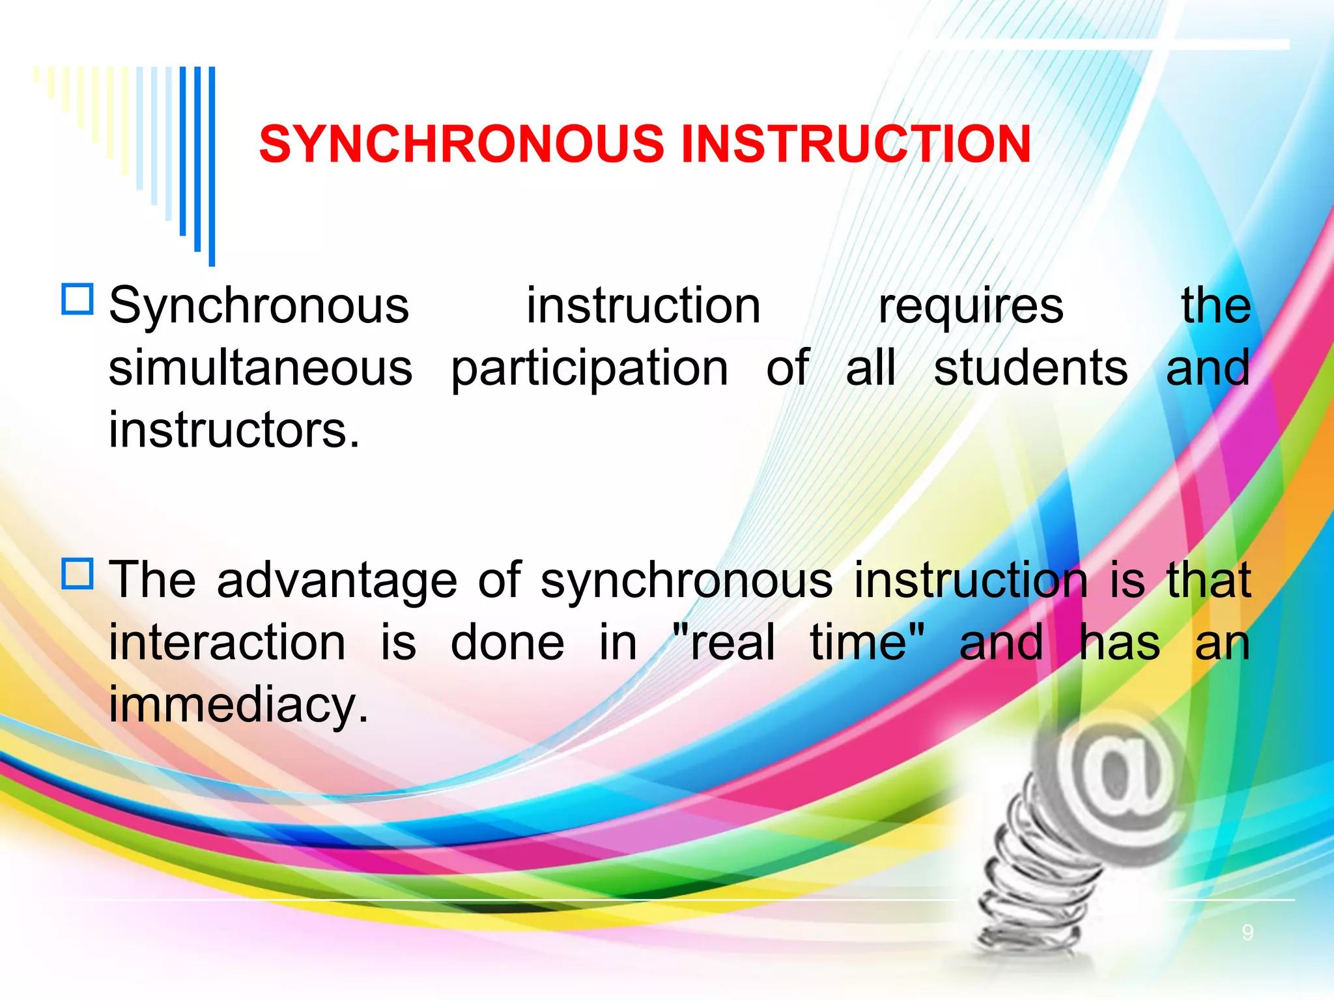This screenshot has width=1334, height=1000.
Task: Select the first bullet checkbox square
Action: pyautogui.click(x=78, y=299)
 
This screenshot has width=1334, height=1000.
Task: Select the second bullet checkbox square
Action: pyautogui.click(x=78, y=574)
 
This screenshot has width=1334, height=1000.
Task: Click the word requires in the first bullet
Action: pyautogui.click(x=971, y=306)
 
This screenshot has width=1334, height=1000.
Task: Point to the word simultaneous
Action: pyautogui.click(x=261, y=368)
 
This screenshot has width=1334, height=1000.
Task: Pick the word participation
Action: pyautogui.click(x=589, y=369)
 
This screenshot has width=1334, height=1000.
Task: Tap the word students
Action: pyautogui.click(x=1030, y=368)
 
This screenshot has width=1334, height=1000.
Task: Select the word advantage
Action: pyautogui.click(x=337, y=581)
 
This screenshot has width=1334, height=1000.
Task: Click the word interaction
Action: pyautogui.click(x=227, y=643)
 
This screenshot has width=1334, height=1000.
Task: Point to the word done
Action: pyautogui.click(x=507, y=643)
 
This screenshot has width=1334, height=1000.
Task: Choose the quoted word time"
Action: pyautogui.click(x=867, y=643)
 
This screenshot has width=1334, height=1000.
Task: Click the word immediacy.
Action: pyautogui.click(x=238, y=706)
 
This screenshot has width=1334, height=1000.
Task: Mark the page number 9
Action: pyautogui.click(x=1247, y=933)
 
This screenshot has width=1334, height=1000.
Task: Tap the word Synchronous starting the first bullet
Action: pyautogui.click(x=259, y=306)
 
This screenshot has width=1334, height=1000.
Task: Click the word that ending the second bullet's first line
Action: pyautogui.click(x=1208, y=581)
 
